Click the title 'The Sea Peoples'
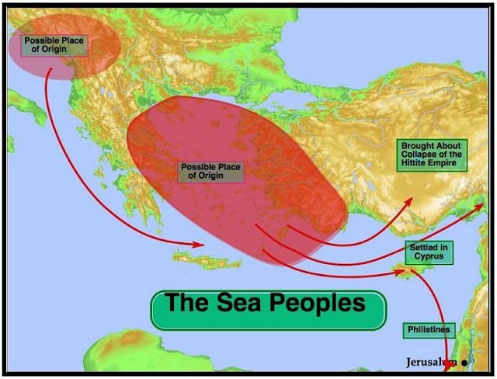click(267, 304)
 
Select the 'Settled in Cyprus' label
click(428, 252)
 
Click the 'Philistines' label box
click(428, 330)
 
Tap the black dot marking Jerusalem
click(464, 363)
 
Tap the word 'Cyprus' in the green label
click(428, 256)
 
